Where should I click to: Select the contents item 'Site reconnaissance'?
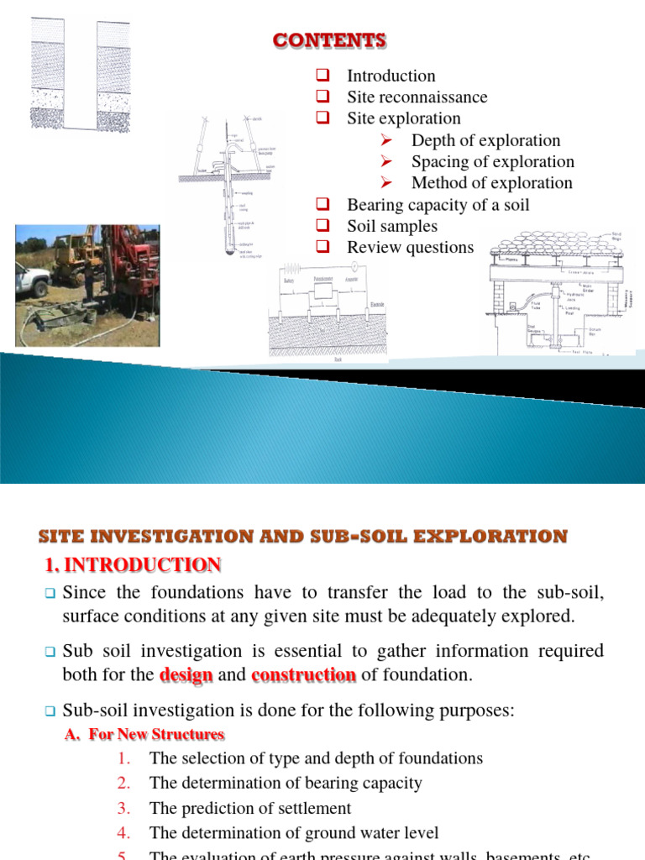[x=417, y=97]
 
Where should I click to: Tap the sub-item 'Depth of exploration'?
[x=485, y=140]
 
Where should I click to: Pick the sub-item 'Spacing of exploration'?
[x=492, y=162]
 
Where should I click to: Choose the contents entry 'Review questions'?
[x=410, y=248]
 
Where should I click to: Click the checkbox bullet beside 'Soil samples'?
[x=322, y=227]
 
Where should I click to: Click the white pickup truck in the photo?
[x=31, y=278]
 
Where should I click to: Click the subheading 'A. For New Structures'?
[x=144, y=734]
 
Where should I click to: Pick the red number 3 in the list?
[x=124, y=809]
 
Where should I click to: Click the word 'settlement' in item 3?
[x=313, y=809]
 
